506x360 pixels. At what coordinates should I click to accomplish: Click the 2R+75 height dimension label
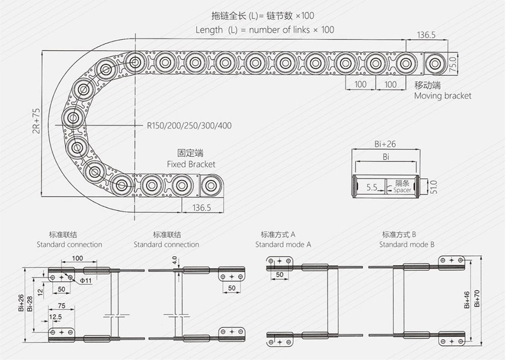coord(37,120)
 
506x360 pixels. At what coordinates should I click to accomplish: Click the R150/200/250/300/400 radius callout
coord(189,125)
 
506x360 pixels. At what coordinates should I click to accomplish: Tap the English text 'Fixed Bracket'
coord(191,165)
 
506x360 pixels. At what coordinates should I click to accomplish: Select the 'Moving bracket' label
coord(443,96)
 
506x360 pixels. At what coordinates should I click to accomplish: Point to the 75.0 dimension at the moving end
coord(453,64)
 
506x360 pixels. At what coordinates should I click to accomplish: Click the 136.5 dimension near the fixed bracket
coord(202,208)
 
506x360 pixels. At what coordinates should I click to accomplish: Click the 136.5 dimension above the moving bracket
coord(426,35)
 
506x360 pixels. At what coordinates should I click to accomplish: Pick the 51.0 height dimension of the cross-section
coord(434,187)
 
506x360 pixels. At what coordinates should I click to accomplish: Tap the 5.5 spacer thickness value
coord(372,187)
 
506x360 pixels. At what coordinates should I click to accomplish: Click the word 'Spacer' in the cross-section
coord(402,190)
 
